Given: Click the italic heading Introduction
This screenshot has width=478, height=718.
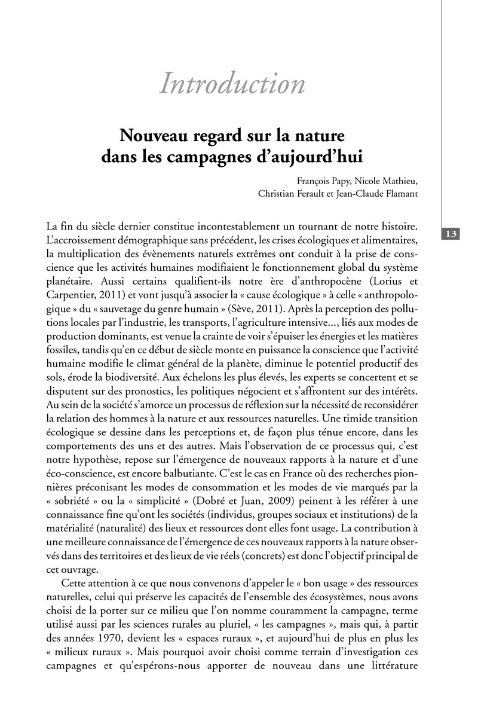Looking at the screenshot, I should [x=232, y=84].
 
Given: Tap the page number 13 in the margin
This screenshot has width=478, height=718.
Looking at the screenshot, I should [x=451, y=234].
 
